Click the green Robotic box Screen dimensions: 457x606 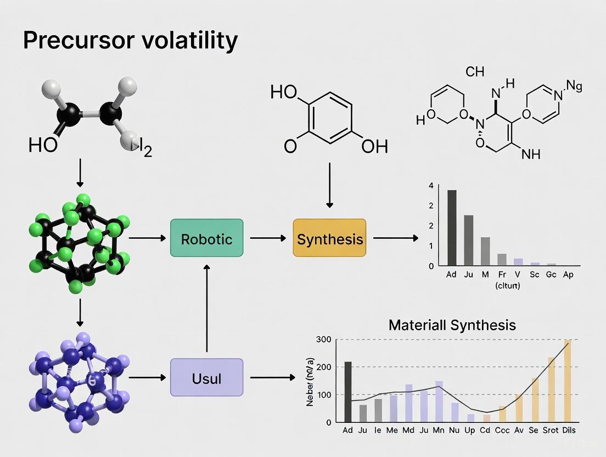coord(206,239)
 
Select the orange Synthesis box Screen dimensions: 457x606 coord(329,239)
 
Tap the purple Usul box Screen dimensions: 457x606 coord(206,378)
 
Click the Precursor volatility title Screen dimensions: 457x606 coord(131,40)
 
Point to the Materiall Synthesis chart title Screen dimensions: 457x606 coord(452,325)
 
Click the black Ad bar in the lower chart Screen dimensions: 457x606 coord(347,392)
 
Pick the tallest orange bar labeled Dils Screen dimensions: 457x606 coord(568,381)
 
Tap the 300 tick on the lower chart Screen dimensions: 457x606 coord(324,339)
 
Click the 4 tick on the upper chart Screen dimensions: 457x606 coord(431,186)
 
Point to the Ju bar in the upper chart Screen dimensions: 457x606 coord(468,240)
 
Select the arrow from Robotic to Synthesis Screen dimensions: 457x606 coord(268,238)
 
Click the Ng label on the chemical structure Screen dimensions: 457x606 coord(574,86)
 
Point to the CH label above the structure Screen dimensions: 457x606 coord(475,71)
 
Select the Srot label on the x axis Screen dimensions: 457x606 coord(551,430)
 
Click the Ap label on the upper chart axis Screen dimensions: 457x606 coord(568,275)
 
